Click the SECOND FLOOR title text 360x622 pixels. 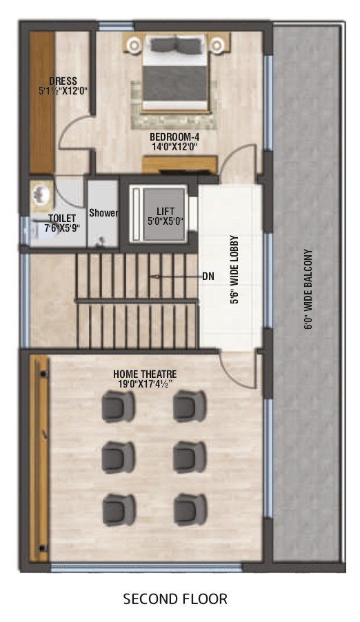[x=175, y=599]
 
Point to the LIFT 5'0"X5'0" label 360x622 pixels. [x=166, y=217]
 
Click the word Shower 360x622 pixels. [x=103, y=213]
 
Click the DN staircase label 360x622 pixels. [x=208, y=277]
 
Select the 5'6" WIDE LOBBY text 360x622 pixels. [x=234, y=270]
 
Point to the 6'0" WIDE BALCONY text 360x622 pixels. [x=308, y=289]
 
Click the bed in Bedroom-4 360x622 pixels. [x=175, y=72]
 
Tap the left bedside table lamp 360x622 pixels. [x=134, y=46]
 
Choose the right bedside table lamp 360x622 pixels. [x=217, y=46]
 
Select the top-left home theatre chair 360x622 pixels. [x=118, y=406]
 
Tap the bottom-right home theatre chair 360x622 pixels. [x=190, y=510]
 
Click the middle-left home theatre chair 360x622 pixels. [x=118, y=457]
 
